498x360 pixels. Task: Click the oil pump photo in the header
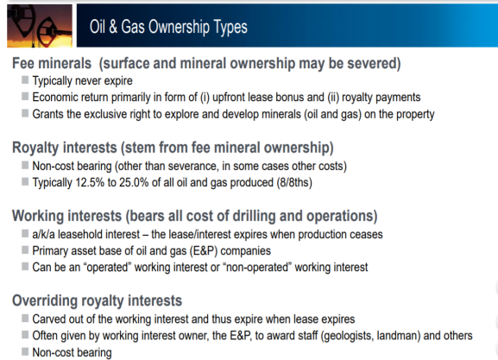(40, 26)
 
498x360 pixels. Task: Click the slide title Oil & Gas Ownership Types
(168, 27)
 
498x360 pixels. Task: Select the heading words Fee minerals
(52, 63)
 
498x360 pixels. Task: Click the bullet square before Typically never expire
(25, 79)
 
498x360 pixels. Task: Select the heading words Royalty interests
(65, 148)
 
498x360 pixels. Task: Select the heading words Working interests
(66, 216)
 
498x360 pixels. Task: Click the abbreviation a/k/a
(43, 235)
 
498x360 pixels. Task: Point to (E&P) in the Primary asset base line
(204, 251)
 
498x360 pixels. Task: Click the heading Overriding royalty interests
(98, 300)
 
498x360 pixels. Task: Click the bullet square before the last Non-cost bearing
(25, 351)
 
